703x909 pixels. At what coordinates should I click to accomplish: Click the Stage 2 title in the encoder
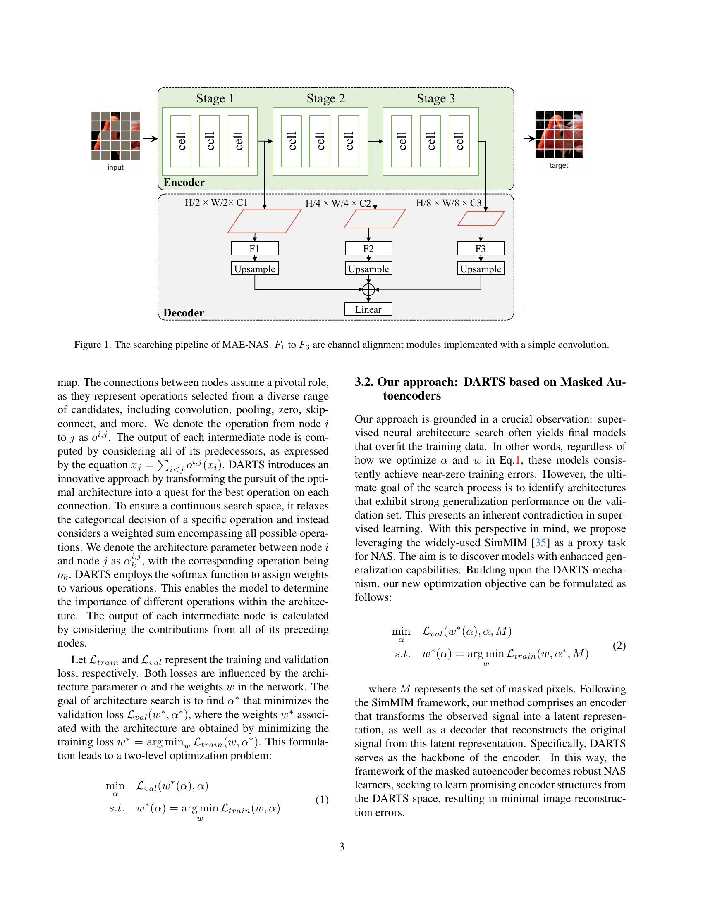[x=325, y=99]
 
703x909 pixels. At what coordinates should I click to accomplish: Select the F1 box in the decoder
[x=254, y=248]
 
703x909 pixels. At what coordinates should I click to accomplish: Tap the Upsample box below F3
[x=480, y=269]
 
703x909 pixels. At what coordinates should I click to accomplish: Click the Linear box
[x=368, y=309]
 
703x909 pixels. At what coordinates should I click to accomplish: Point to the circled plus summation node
[x=368, y=289]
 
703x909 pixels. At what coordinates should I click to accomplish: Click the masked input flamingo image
[x=115, y=135]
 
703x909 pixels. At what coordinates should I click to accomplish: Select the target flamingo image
[x=559, y=134]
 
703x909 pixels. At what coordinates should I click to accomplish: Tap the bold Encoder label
[x=184, y=182]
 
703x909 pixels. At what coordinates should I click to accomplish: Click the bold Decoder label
[x=184, y=313]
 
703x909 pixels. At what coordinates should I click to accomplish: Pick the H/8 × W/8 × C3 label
[x=449, y=203]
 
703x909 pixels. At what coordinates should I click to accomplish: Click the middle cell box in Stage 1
[x=210, y=141]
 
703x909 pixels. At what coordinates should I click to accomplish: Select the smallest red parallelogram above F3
[x=481, y=219]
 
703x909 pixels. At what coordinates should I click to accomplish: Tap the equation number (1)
[x=321, y=800]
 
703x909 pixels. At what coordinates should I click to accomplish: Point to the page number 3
[x=342, y=847]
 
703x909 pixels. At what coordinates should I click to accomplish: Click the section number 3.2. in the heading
[x=364, y=382]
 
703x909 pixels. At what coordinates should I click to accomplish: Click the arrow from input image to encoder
[x=150, y=138]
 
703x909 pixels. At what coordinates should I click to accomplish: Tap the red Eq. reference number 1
[x=518, y=460]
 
